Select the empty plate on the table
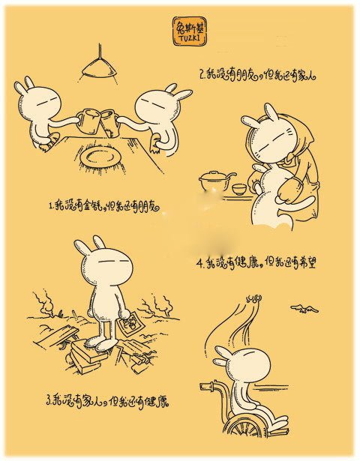(x=100, y=157)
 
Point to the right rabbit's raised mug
(x=109, y=118)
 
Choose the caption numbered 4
(x=270, y=264)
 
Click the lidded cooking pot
(x=215, y=179)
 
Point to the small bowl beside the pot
(x=238, y=187)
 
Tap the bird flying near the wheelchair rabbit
(x=304, y=307)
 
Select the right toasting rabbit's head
(x=160, y=102)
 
